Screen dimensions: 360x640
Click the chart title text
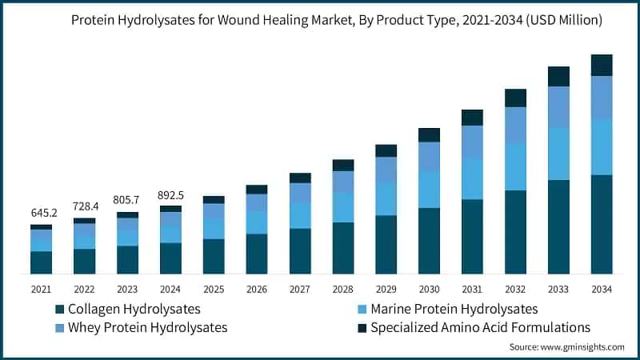coord(337,20)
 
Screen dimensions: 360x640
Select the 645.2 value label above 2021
coord(41,214)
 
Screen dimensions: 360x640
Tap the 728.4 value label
coord(84,206)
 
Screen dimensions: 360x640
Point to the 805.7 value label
coord(127,200)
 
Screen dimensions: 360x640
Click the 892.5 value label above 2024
coord(170,194)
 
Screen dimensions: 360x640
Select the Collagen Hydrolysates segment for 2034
coord(602,224)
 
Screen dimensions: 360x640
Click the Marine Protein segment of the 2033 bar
coord(558,154)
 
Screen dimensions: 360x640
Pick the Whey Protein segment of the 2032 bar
coord(515,125)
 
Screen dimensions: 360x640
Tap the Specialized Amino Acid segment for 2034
coord(602,65)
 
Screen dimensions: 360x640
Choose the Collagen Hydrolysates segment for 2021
coord(41,262)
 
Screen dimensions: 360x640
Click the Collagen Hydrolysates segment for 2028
coord(343,248)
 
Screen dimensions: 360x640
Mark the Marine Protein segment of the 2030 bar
coord(429,189)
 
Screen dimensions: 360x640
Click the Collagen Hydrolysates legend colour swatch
coord(59,309)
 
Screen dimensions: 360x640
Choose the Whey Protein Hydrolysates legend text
coord(147,328)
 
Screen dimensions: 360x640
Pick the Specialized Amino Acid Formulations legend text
coord(480,328)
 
